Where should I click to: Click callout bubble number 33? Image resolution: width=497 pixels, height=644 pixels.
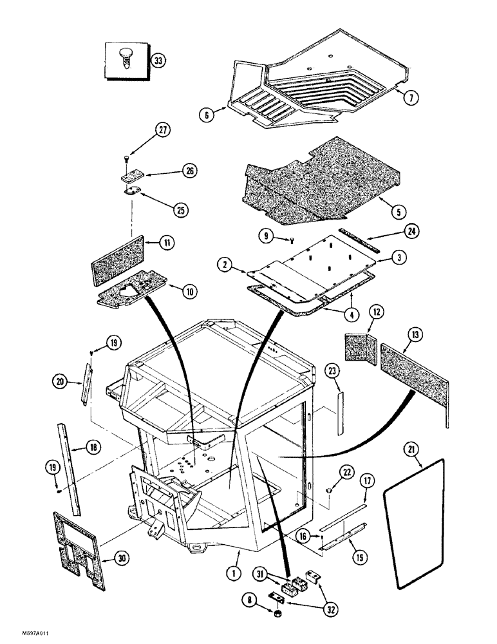point(157,61)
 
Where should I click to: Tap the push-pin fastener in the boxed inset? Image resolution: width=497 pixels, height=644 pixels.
point(126,57)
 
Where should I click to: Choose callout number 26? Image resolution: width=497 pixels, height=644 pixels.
point(190,171)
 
